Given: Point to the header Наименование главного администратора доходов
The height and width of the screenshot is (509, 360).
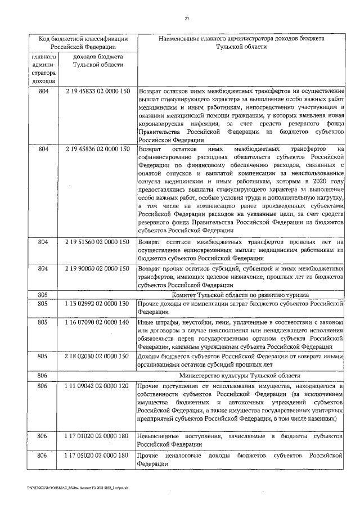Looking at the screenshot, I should point(241,43).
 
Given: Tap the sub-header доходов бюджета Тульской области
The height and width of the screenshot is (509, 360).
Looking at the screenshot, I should point(97,61).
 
